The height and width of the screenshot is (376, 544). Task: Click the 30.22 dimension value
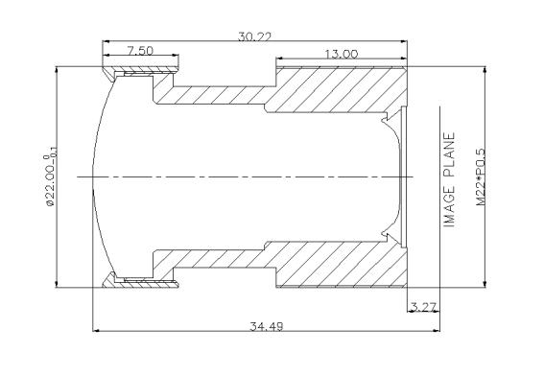point(254,36)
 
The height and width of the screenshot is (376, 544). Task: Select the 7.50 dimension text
point(140,51)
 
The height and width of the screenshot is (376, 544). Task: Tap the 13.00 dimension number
point(342,54)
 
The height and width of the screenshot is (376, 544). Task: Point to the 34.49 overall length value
point(267,326)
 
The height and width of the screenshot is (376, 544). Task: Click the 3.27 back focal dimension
point(423,307)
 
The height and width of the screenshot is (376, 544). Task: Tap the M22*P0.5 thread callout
point(480,177)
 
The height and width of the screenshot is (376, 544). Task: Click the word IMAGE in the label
point(449,207)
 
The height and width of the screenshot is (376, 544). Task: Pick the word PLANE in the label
point(449,154)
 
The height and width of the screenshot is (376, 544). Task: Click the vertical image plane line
point(440,219)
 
